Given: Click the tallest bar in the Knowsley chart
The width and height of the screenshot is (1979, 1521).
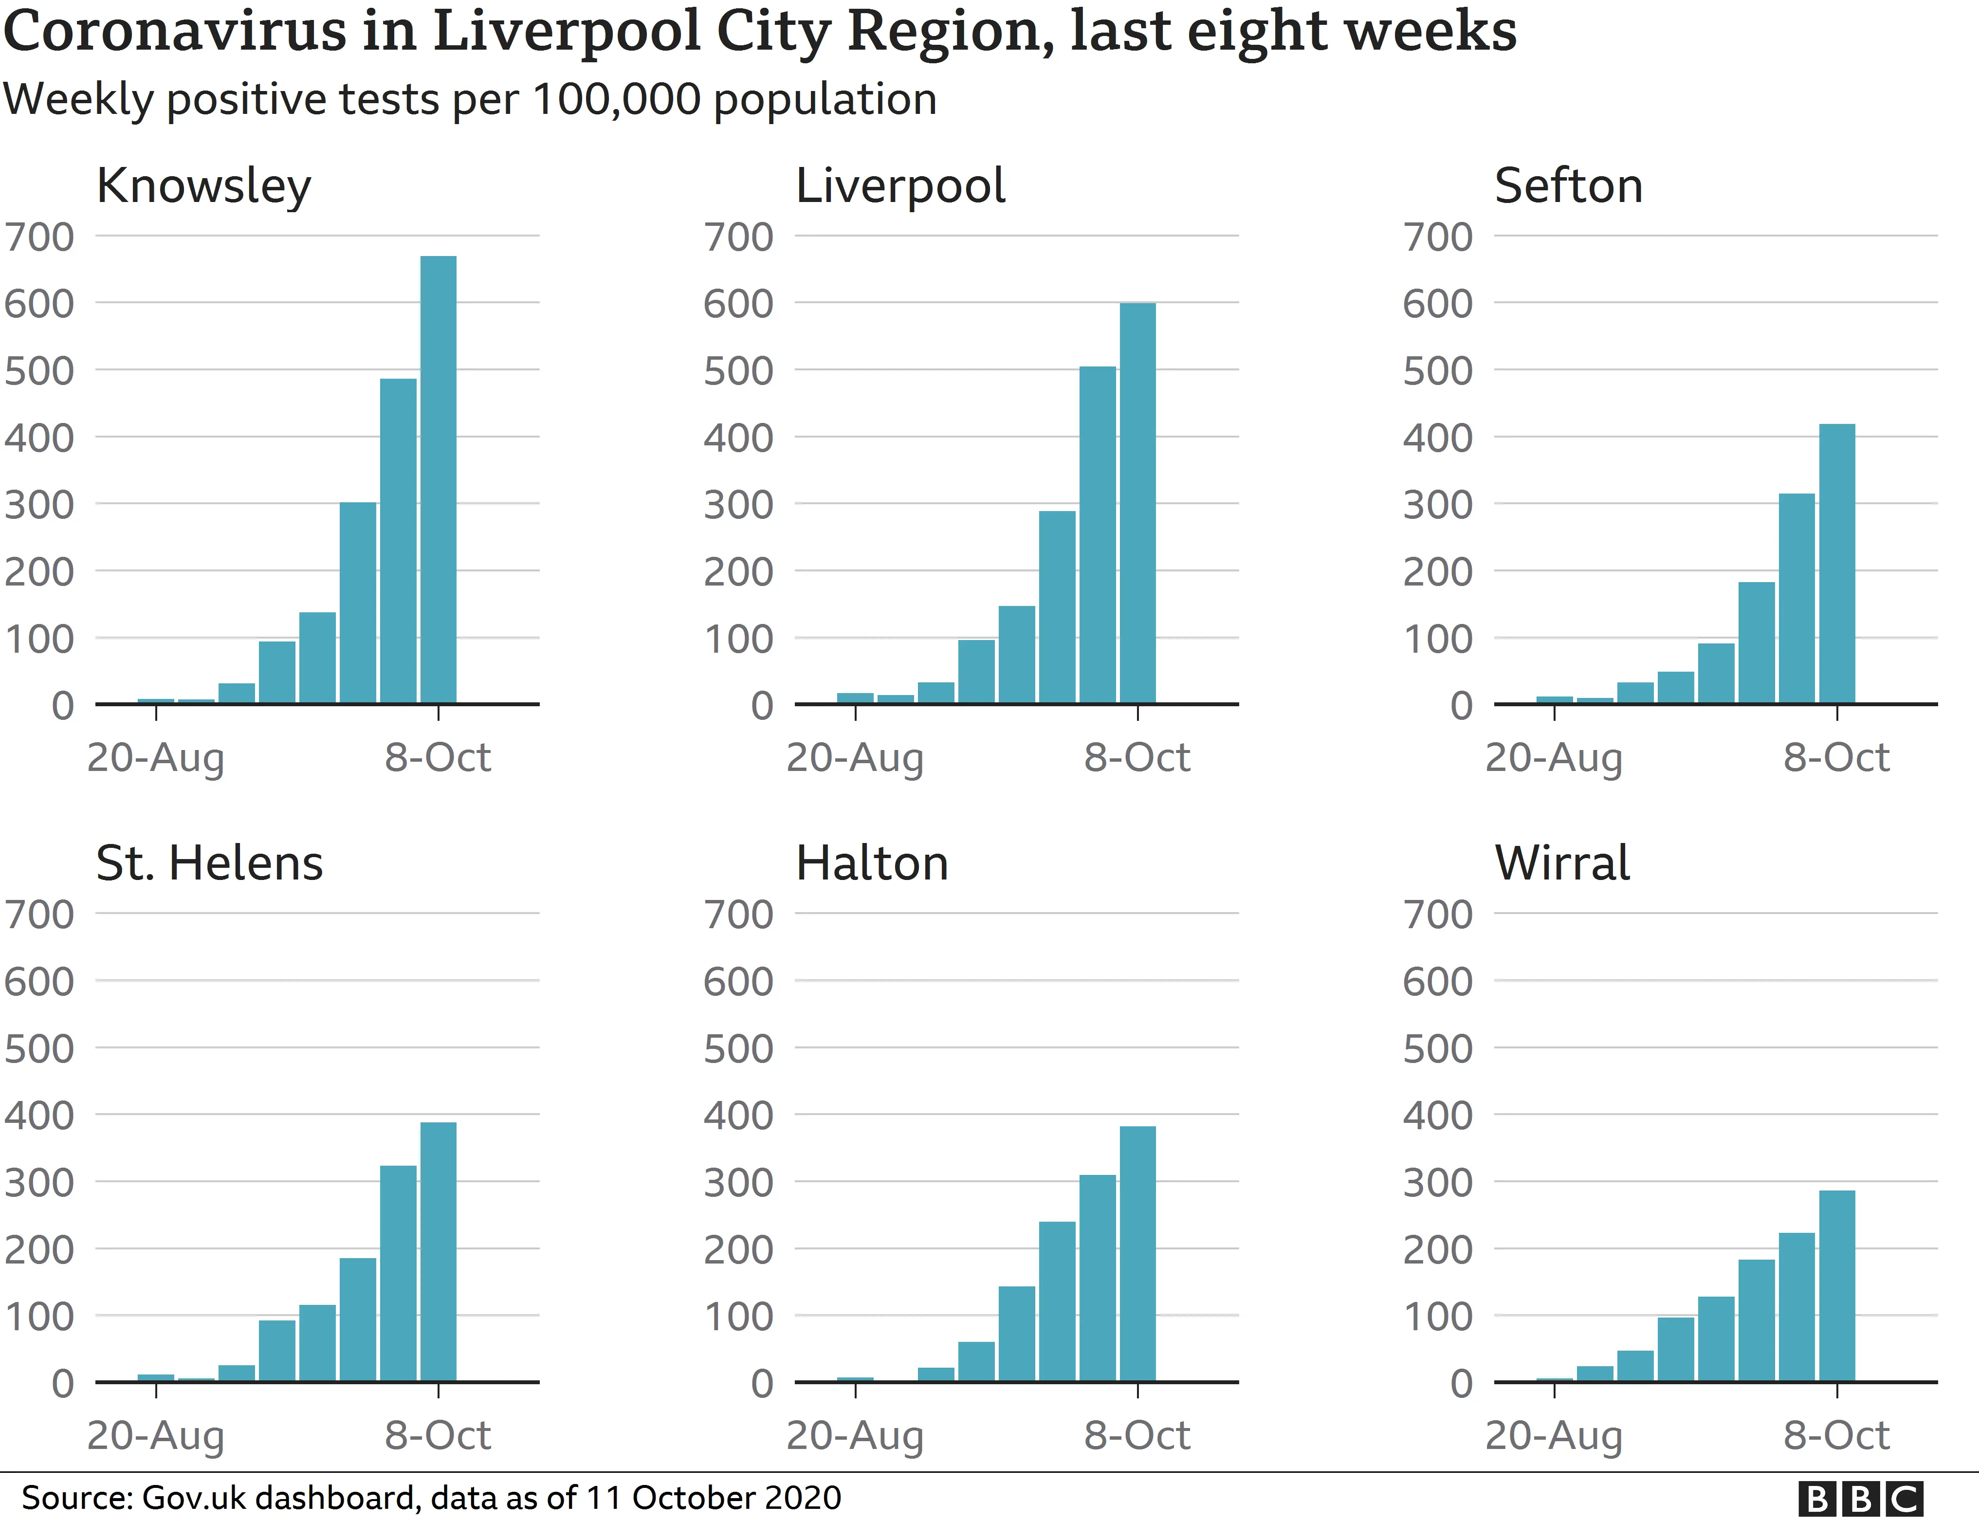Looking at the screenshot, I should tap(438, 480).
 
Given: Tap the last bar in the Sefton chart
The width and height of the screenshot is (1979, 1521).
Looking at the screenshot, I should tap(1837, 563).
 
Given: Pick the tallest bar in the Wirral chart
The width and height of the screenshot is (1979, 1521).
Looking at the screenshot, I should tap(1837, 1285).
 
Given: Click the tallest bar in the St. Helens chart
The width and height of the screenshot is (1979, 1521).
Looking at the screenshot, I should tap(438, 1252).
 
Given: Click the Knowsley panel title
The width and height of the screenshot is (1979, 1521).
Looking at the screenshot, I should tap(204, 186).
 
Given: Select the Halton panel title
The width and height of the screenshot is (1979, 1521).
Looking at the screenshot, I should tap(872, 864).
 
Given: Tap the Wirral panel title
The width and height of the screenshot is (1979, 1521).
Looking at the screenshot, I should tap(1562, 864).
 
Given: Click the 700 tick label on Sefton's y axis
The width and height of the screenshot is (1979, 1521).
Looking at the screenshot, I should tap(1438, 237).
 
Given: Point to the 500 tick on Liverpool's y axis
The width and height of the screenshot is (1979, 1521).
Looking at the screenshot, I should tap(738, 371).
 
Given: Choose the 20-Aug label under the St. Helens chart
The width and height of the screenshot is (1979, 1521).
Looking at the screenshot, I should tap(156, 1436).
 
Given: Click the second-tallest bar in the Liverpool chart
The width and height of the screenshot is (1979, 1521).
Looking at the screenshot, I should tap(1097, 534).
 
